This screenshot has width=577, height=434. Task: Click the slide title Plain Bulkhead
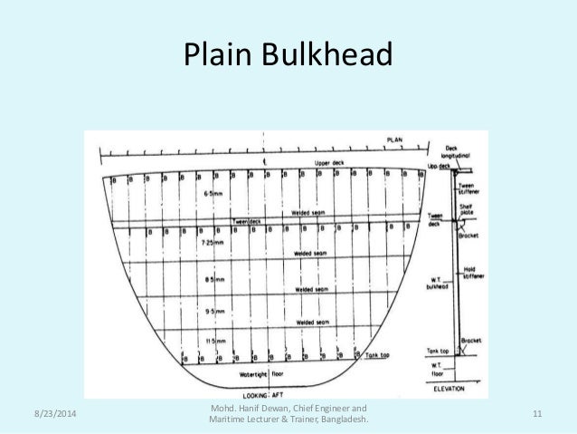[x=288, y=56]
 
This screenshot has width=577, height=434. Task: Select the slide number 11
[x=537, y=414]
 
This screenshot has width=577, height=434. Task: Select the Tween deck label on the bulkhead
[x=245, y=220]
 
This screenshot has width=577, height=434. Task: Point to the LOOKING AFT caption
[x=263, y=396]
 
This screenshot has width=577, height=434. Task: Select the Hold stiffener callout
[x=471, y=272]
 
